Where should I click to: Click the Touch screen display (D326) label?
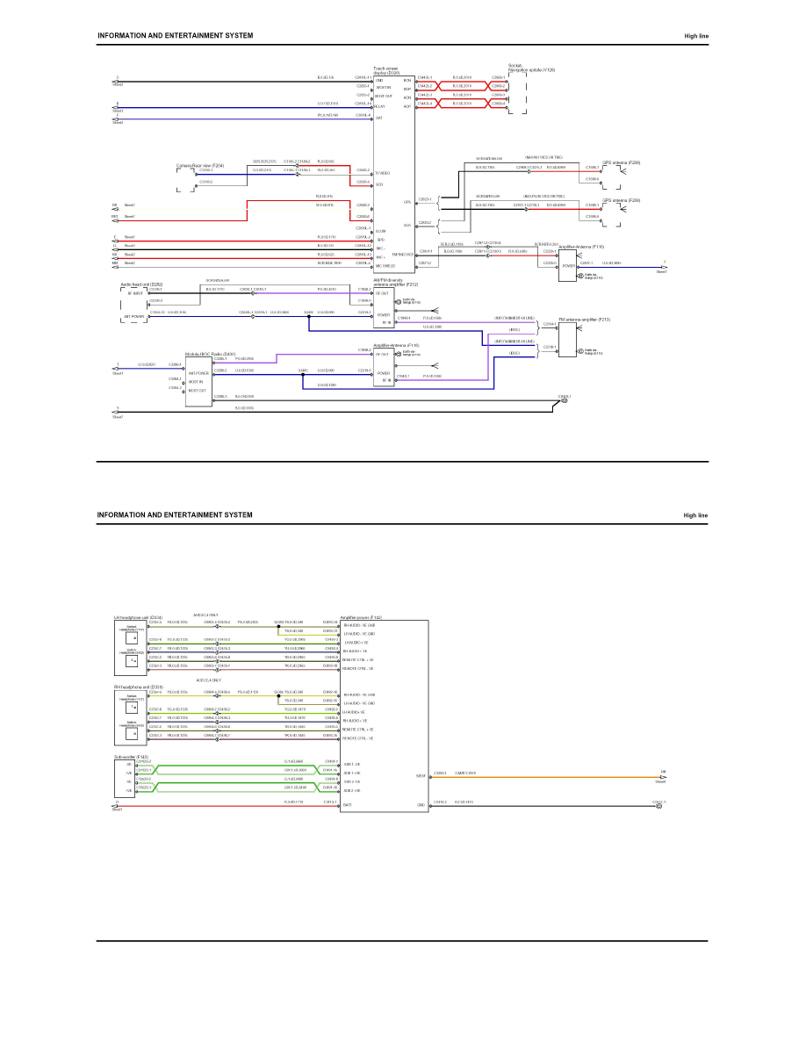click(x=387, y=69)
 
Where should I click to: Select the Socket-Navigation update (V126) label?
click(x=530, y=68)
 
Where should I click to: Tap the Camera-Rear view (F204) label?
click(x=199, y=165)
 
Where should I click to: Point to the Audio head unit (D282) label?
click(x=140, y=284)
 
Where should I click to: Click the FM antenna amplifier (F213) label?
click(x=580, y=320)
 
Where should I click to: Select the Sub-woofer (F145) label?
click(x=131, y=756)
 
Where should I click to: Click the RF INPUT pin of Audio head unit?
click(x=134, y=293)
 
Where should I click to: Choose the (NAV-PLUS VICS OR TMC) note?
click(x=543, y=196)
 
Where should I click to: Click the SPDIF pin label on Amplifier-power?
click(x=421, y=776)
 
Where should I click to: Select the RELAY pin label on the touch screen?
click(x=380, y=106)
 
